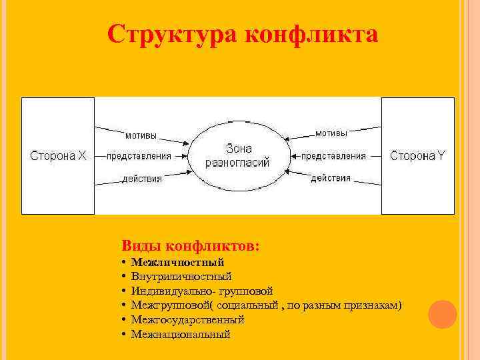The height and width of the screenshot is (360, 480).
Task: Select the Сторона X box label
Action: click(59, 156)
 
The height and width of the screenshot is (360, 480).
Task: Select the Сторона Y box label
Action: click(417, 156)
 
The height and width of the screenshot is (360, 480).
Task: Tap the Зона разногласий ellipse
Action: click(238, 155)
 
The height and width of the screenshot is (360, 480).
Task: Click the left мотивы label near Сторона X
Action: click(139, 135)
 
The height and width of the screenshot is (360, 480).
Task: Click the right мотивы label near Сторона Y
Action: click(331, 133)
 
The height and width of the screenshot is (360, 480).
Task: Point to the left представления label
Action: click(139, 157)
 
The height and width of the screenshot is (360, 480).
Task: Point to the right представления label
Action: click(333, 157)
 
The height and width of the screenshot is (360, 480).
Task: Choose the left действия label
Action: click(141, 179)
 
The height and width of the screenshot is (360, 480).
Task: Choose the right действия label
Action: click(331, 178)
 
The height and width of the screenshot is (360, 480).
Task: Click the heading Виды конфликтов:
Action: click(191, 247)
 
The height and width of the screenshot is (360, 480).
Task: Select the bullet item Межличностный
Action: click(177, 262)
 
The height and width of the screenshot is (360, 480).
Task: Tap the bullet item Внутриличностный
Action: click(181, 276)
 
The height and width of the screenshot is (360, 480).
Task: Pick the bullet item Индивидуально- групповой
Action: click(202, 291)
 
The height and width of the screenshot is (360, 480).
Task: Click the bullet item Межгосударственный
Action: click(187, 320)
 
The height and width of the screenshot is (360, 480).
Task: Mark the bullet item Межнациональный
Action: click(181, 334)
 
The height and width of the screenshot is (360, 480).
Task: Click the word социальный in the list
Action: click(249, 305)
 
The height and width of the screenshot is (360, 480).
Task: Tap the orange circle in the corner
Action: click(442, 314)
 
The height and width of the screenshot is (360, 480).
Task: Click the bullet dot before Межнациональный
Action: click(125, 334)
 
